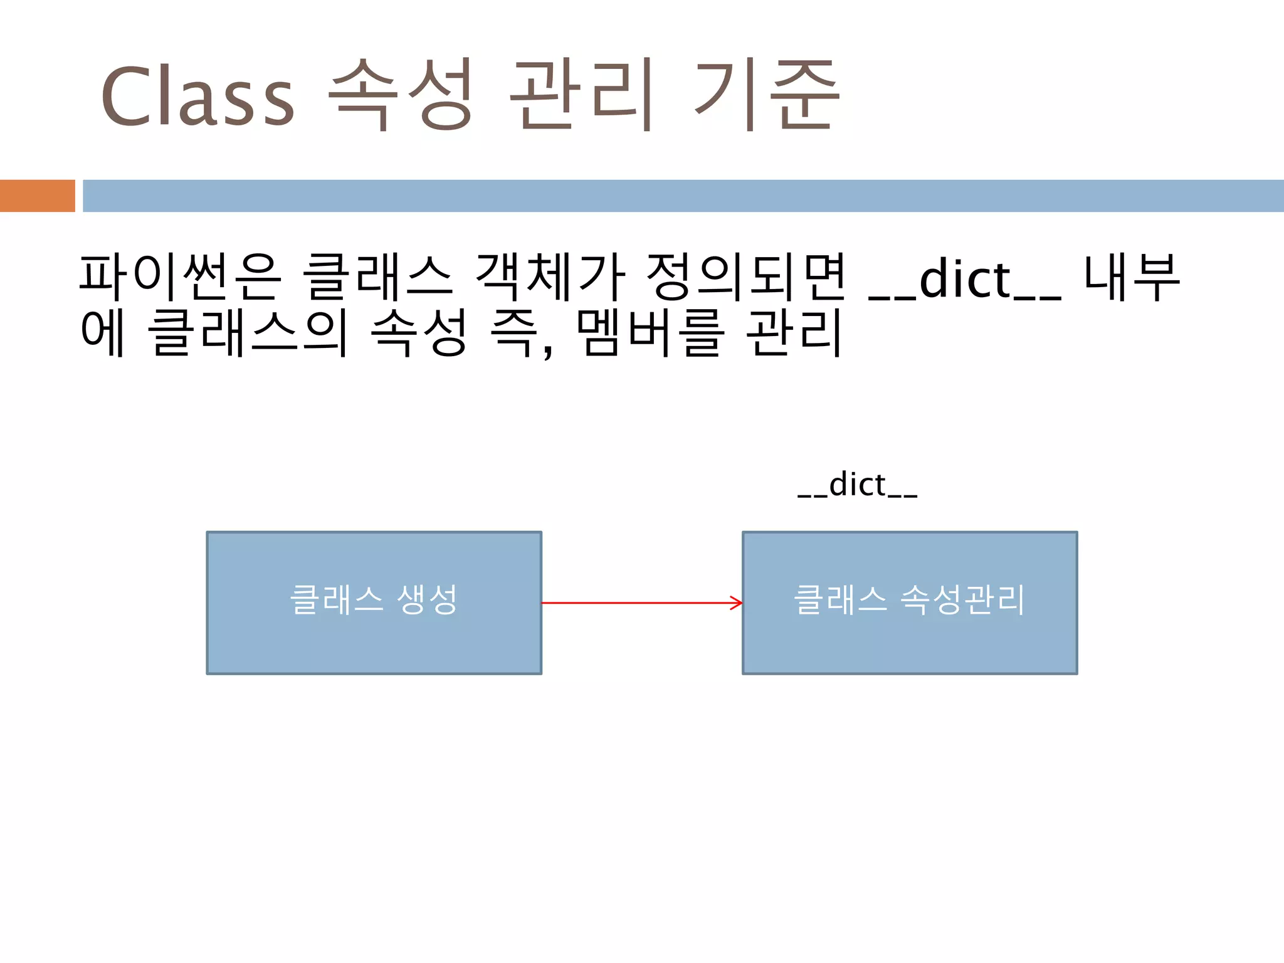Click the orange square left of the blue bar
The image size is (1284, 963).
[37, 196]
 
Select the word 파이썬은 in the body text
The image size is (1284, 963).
[181, 277]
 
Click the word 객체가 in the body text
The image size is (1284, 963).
[550, 277]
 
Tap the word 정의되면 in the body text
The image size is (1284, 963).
[746, 277]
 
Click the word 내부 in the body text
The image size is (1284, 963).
[1132, 277]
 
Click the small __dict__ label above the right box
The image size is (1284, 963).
[858, 485]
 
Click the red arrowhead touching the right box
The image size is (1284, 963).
[737, 603]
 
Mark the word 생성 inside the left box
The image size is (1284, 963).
[428, 599]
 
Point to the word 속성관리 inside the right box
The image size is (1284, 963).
[962, 599]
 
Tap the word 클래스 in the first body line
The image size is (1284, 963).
[377, 277]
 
